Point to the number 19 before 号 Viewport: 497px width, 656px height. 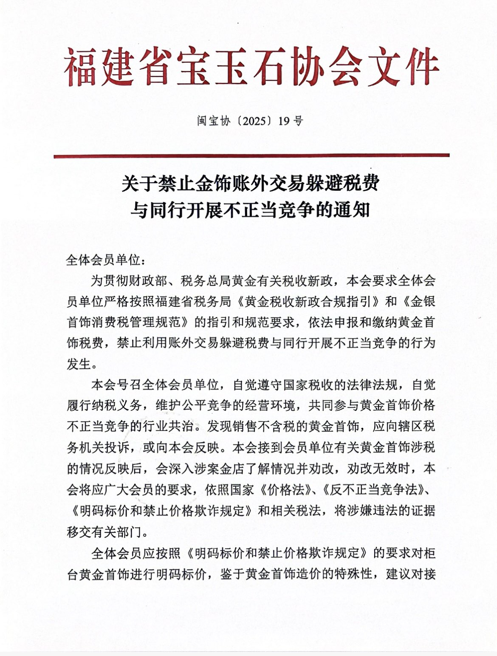point(284,121)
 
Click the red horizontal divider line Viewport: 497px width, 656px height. point(251,156)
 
